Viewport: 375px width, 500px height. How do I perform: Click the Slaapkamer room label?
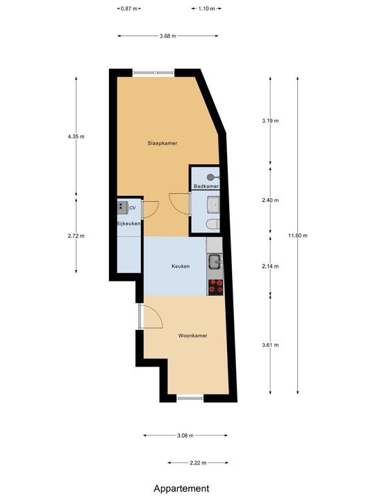[162, 144]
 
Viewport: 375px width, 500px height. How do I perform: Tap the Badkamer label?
[206, 187]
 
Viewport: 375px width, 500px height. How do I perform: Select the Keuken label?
[181, 266]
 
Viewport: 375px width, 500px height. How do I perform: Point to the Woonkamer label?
[192, 335]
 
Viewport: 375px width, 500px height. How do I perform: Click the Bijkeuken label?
[129, 224]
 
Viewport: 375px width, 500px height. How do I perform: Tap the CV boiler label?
[132, 207]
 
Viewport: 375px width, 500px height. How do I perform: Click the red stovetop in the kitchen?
[216, 284]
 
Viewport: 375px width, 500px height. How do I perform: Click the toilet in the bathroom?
[213, 223]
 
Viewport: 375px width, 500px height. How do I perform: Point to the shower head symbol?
[211, 177]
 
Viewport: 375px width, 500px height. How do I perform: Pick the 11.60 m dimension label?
[297, 235]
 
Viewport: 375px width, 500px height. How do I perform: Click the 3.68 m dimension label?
[167, 36]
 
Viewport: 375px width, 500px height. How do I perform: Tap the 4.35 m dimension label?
[76, 137]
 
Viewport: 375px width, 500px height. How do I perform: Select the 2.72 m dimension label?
[76, 235]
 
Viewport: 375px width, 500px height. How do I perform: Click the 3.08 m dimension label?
[185, 435]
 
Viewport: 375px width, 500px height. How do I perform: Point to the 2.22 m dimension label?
[197, 462]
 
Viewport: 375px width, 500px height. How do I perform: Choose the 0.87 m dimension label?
[128, 9]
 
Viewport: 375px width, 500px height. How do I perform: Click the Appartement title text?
[181, 489]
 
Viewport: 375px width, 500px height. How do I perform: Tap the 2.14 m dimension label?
[270, 266]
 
